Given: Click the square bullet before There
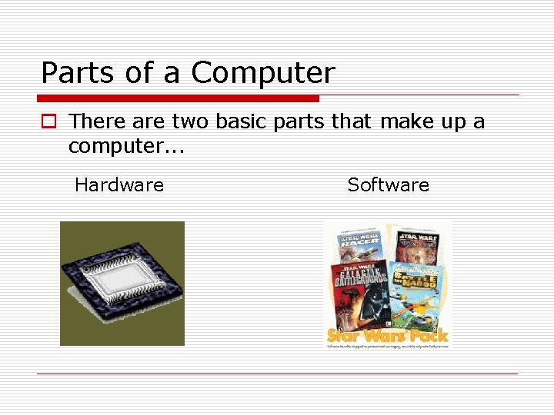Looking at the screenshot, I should (x=48, y=121).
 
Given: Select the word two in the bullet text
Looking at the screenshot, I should (x=191, y=121).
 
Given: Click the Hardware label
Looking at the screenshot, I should (x=119, y=184).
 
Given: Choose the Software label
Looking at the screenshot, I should (x=388, y=184).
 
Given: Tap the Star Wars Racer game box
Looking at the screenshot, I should (x=359, y=247).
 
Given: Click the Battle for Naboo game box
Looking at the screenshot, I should (x=416, y=292).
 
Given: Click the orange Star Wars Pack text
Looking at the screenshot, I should (x=388, y=336).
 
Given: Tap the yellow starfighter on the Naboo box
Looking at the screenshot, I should (x=415, y=307).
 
